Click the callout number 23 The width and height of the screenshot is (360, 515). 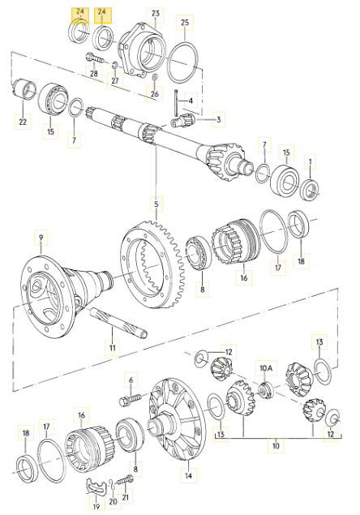(x=156, y=14)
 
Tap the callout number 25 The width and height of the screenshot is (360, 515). (x=185, y=23)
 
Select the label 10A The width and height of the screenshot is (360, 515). (x=266, y=368)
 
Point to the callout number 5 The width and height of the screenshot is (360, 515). (x=156, y=204)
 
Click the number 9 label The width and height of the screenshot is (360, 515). (x=41, y=238)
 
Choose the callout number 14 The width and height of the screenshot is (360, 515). (x=189, y=475)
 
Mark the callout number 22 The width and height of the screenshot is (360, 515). (x=23, y=122)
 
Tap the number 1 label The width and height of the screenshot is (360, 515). (x=310, y=161)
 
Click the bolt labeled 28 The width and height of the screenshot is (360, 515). (x=94, y=59)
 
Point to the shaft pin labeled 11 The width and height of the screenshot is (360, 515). (x=118, y=323)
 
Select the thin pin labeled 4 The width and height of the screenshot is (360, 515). (x=177, y=103)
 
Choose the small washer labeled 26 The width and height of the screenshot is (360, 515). (x=155, y=78)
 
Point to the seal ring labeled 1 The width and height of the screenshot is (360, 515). (x=310, y=190)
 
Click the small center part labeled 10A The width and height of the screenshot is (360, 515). (x=266, y=390)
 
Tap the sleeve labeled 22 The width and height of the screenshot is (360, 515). (x=24, y=88)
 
